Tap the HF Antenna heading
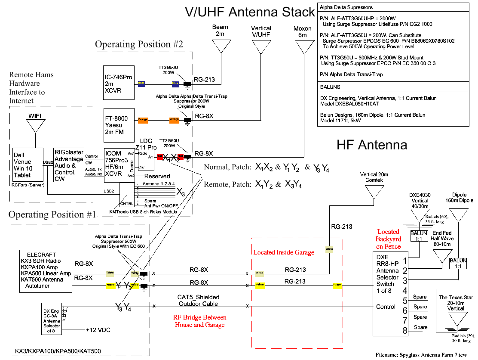[x=371, y=145]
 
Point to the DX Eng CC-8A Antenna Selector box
[x=52, y=320]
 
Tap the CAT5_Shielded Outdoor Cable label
[x=198, y=300]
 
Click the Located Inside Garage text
[x=283, y=252]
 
